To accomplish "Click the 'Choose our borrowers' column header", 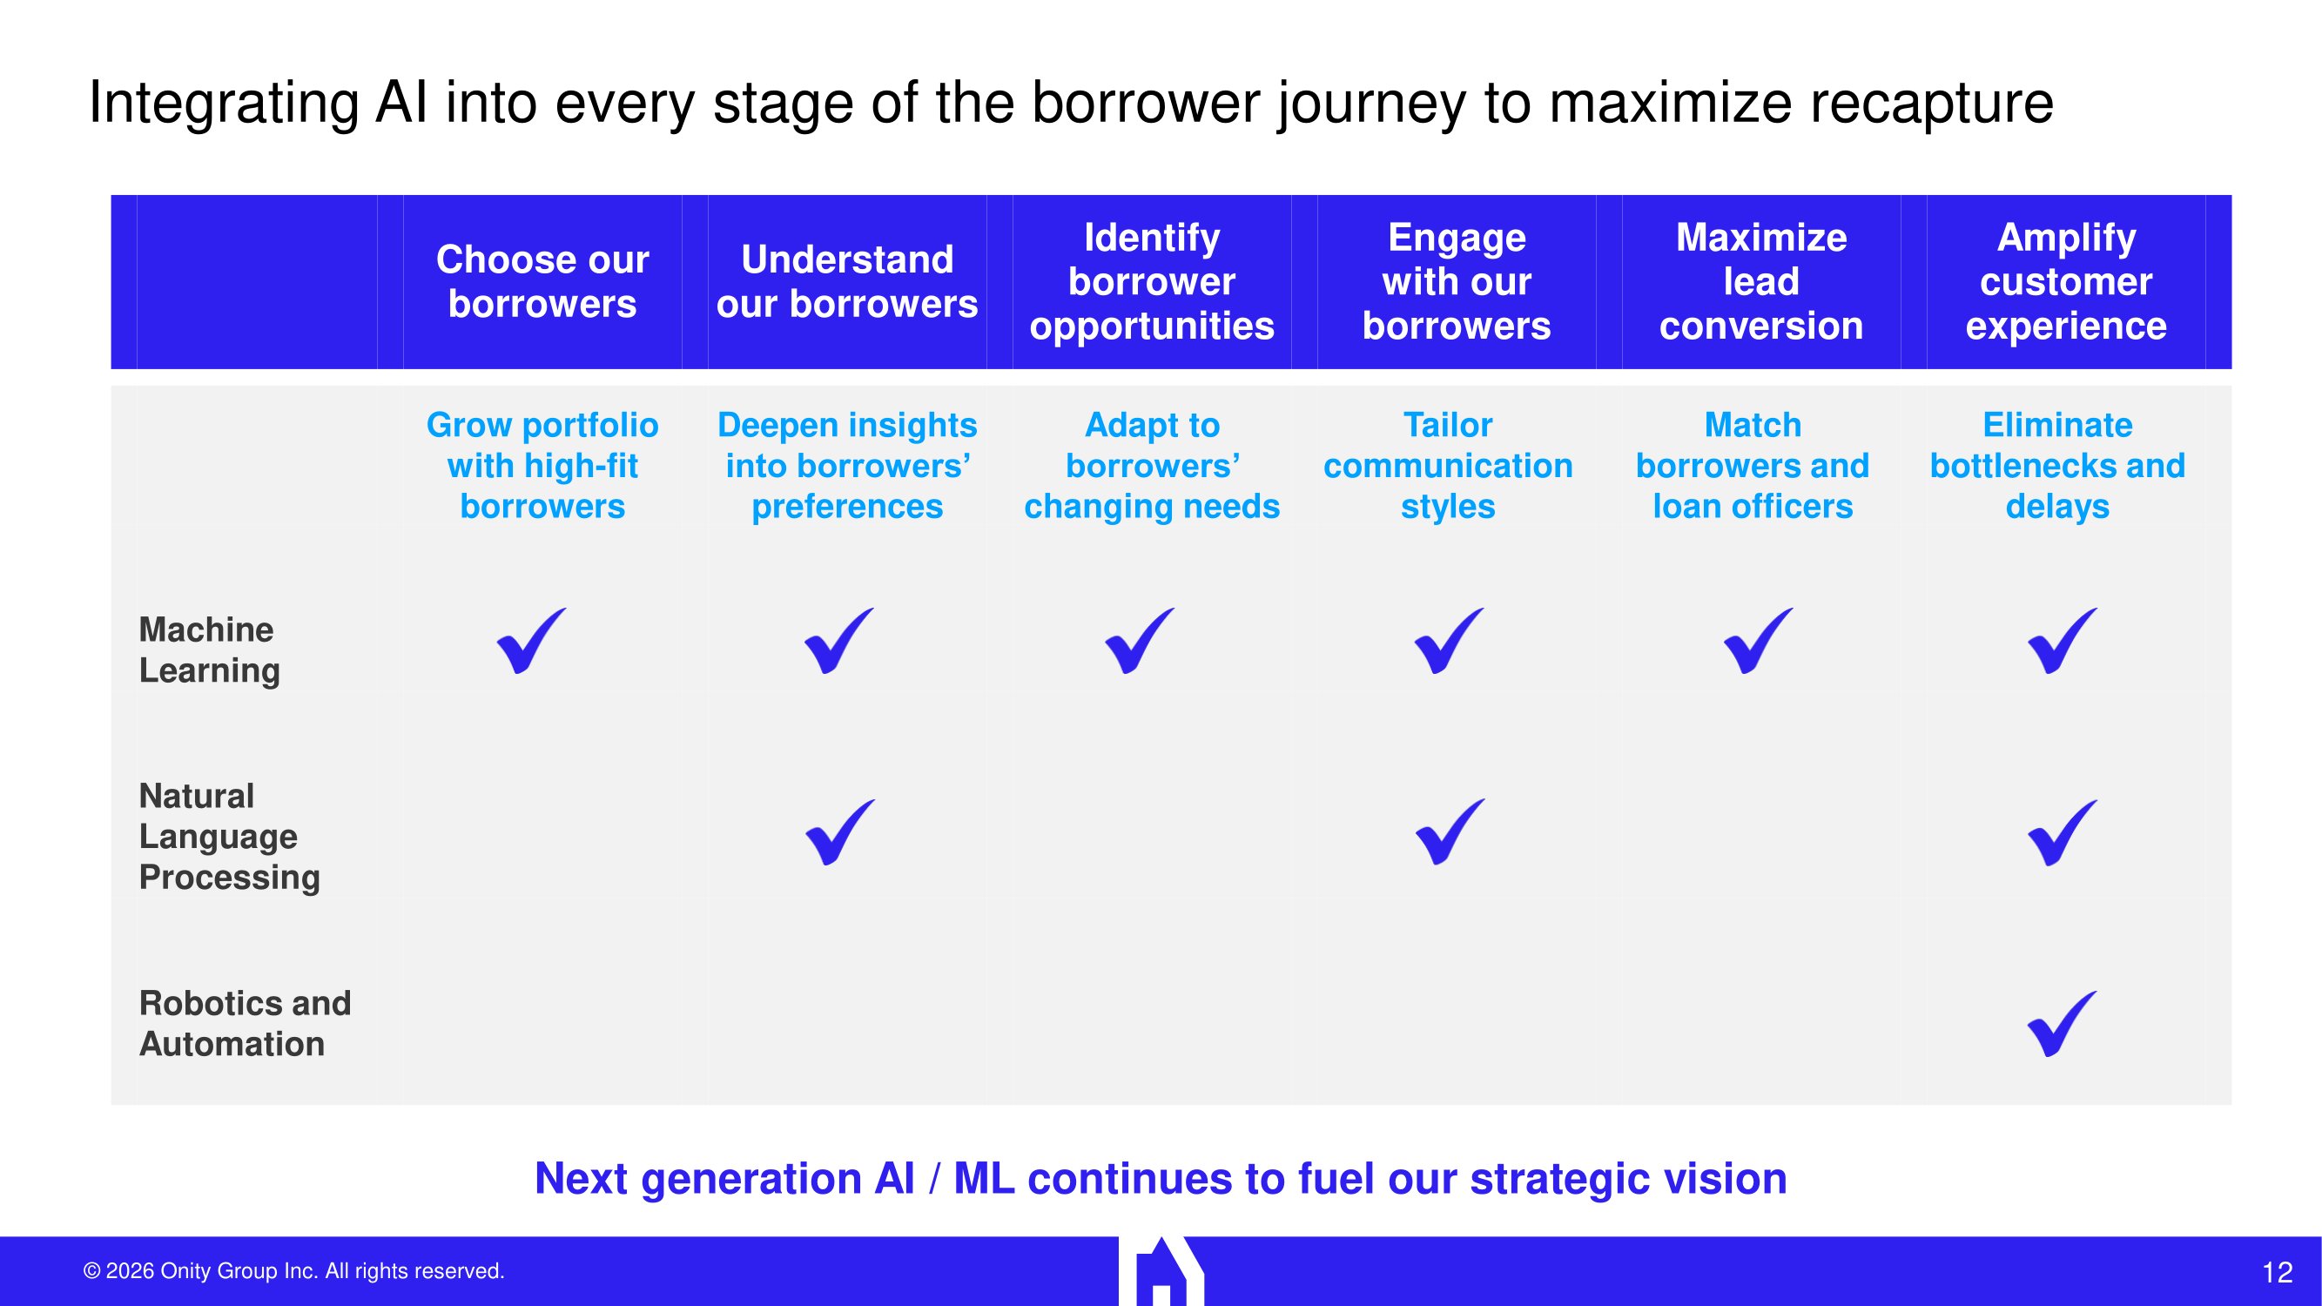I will pos(542,281).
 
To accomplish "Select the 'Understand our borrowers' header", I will pos(846,281).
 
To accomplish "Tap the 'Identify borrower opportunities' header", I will pos(1151,281).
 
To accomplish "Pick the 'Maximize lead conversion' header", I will pos(1760,281).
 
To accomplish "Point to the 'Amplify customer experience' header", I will pos(2065,281).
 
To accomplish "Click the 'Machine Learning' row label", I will pos(209,650).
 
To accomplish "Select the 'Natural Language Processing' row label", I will pos(229,837).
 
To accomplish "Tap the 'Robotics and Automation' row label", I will pos(245,1023).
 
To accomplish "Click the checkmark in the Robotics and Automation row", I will pos(2062,1024).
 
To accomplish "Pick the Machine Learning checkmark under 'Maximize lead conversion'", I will pos(1757,641).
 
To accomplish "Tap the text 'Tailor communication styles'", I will pos(1448,466).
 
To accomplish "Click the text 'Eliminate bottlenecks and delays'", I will pos(2057,466).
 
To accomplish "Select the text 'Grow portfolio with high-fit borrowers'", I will pos(542,466).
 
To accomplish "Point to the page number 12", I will pos(2277,1273).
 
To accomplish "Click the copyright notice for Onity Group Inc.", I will pos(294,1271).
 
